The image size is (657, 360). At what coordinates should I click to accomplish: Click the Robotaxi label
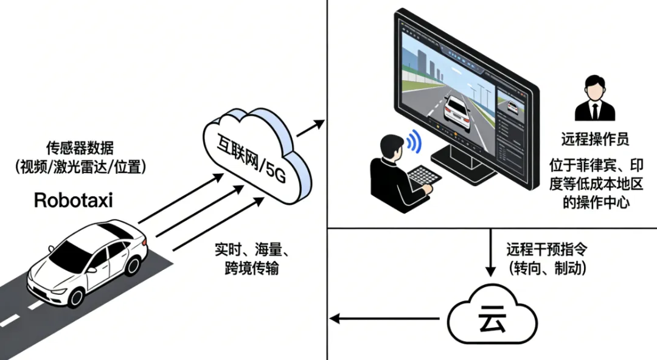point(73,200)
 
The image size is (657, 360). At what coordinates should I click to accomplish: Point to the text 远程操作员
point(594,140)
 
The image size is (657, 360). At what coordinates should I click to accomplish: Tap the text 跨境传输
point(251,268)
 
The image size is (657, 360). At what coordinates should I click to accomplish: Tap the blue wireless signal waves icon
point(414,141)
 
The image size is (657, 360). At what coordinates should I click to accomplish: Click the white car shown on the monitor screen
point(457,111)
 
